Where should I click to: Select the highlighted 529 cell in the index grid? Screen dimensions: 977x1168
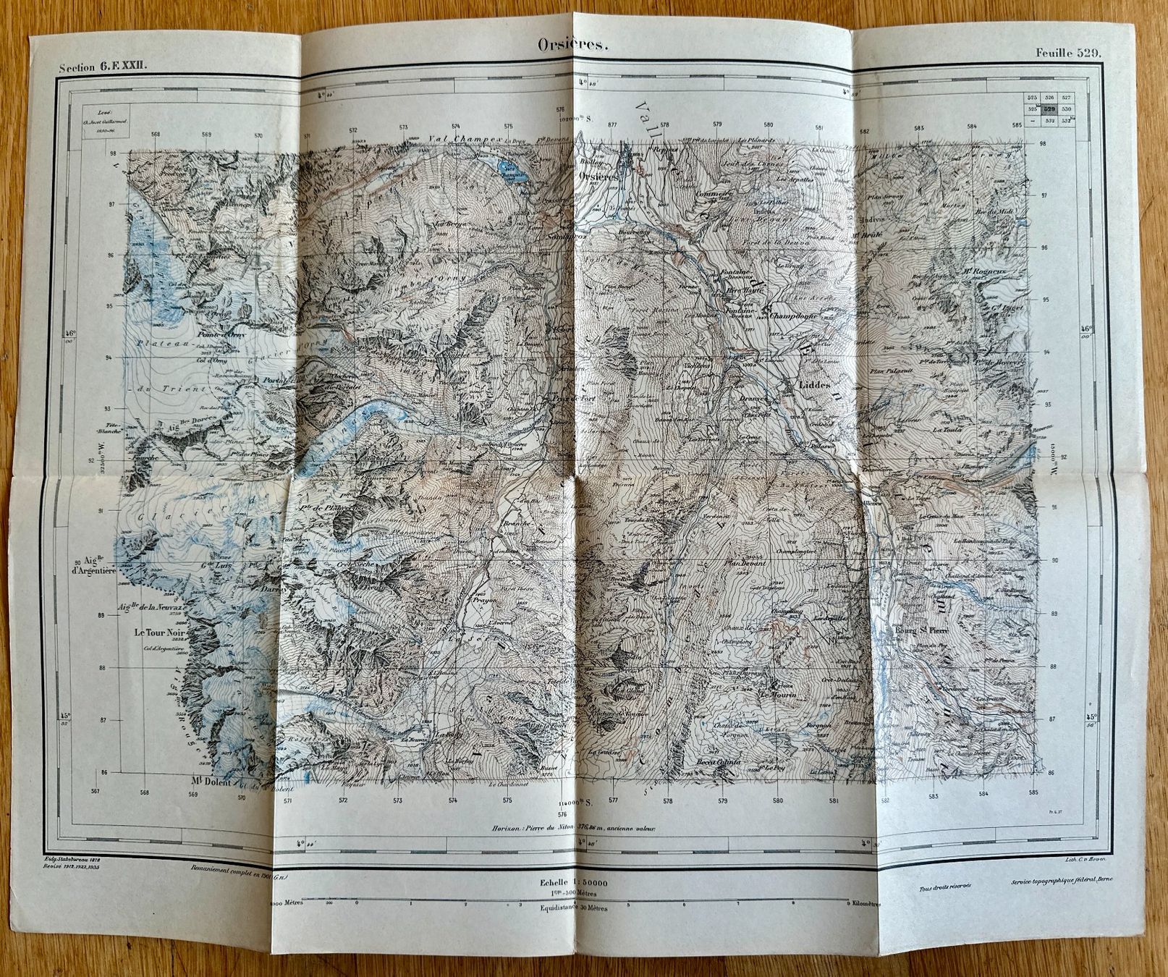pyautogui.click(x=1049, y=109)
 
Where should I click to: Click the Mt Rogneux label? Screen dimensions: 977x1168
pyautogui.click(x=976, y=272)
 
